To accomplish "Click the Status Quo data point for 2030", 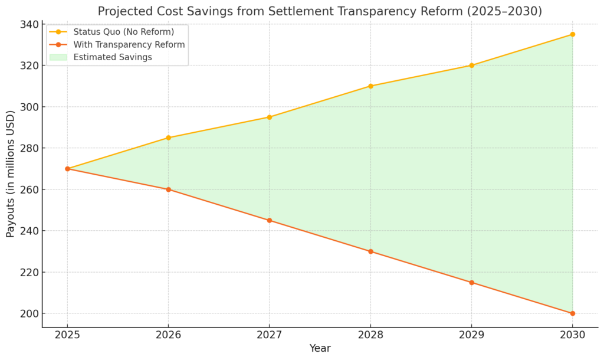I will pyautogui.click(x=572, y=34).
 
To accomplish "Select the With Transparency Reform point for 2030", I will pyautogui.click(x=572, y=313).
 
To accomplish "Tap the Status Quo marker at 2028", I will pyautogui.click(x=370, y=86).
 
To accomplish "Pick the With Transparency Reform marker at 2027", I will pyautogui.click(x=270, y=220).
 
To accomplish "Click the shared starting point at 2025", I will pyautogui.click(x=67, y=169).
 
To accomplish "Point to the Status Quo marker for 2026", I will pyautogui.click(x=168, y=138).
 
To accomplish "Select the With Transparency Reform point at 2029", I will pyautogui.click(x=471, y=282).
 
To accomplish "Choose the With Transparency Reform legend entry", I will pyautogui.click(x=129, y=45).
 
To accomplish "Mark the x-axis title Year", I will pyautogui.click(x=320, y=349).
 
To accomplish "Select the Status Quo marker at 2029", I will pyautogui.click(x=471, y=66).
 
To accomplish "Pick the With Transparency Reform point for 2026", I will pyautogui.click(x=168, y=189).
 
